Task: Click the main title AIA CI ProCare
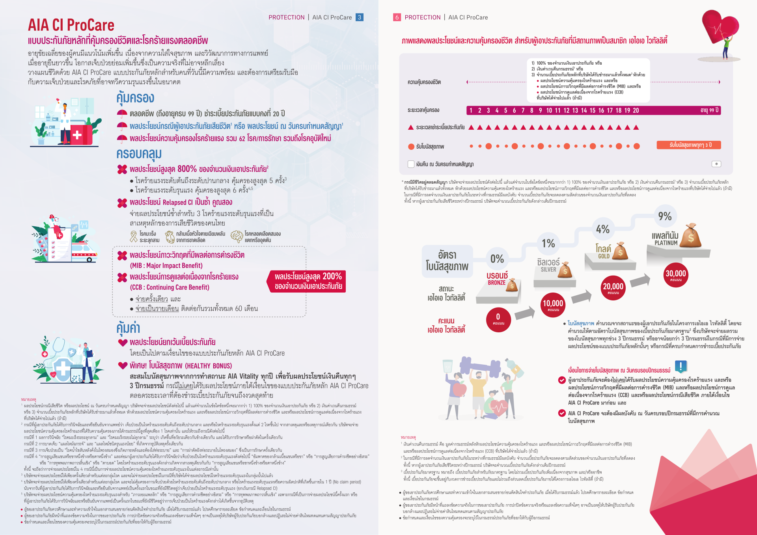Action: pyautogui.click(x=71, y=25)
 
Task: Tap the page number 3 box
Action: pyautogui.click(x=359, y=17)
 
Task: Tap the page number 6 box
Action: pyautogui.click(x=397, y=17)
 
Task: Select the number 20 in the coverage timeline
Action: pyautogui.click(x=636, y=110)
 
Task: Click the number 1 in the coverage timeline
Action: pyautogui.click(x=471, y=110)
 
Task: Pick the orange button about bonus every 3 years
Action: pyautogui.click(x=688, y=145)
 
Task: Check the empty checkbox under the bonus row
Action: pyautogui.click(x=411, y=164)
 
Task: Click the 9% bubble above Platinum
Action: pyautogui.click(x=665, y=216)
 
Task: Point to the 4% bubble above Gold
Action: pyautogui.click(x=602, y=229)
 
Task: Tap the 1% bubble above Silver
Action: pyautogui.click(x=548, y=243)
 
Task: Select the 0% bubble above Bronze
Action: pyautogui.click(x=497, y=259)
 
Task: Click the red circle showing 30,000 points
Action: pyautogui.click(x=675, y=275)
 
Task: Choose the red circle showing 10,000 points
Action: pyautogui.click(x=553, y=304)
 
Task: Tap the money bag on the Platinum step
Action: pyautogui.click(x=691, y=236)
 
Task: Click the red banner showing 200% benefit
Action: pyautogui.click(x=308, y=281)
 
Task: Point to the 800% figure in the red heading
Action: pyautogui.click(x=187, y=169)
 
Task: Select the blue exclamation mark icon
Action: pyautogui.click(x=681, y=366)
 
